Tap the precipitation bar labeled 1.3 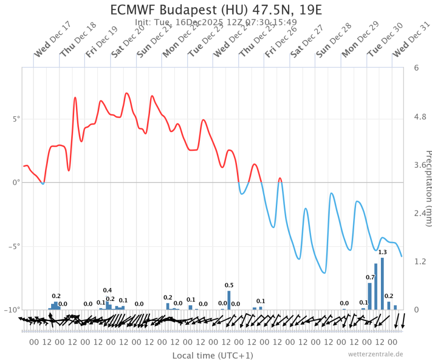(382, 283)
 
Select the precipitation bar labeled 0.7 (370, 296)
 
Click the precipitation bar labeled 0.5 (229, 300)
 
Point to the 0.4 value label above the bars (107, 290)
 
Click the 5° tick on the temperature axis (16, 119)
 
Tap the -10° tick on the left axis (14, 310)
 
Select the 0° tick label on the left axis (16, 182)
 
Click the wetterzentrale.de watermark (376, 354)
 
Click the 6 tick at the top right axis (416, 68)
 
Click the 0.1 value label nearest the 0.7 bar (364, 302)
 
